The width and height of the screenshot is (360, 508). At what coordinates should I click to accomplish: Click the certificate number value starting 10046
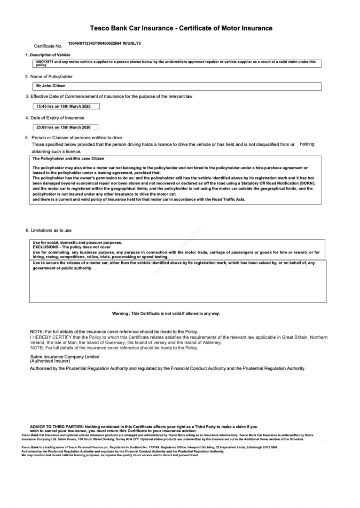click(x=104, y=43)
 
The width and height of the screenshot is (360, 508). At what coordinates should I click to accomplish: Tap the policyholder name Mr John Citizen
click(x=51, y=86)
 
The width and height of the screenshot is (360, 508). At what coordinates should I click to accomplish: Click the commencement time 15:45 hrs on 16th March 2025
click(x=63, y=106)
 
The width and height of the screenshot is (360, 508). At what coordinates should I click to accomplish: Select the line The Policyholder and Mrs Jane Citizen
click(x=68, y=159)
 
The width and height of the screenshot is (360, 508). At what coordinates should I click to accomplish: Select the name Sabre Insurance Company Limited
click(x=65, y=357)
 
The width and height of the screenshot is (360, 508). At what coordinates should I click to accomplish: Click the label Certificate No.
click(x=48, y=46)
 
